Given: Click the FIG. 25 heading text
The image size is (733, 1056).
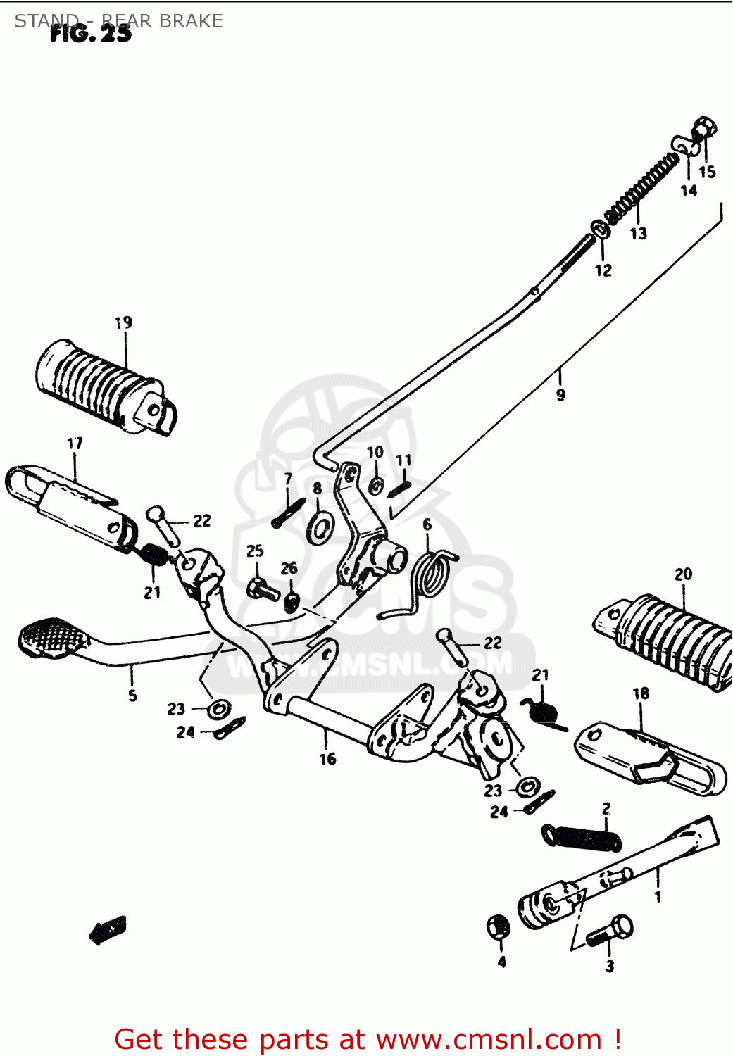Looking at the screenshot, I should (90, 33).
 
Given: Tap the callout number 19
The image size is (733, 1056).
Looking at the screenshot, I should (123, 322).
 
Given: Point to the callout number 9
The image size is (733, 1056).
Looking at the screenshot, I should (560, 395).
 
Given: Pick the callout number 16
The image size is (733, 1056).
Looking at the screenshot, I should (327, 759).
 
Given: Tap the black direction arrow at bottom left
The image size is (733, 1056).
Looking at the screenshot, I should (108, 930).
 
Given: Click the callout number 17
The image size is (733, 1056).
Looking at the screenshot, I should (75, 444).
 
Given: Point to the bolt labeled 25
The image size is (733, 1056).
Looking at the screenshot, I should (263, 588).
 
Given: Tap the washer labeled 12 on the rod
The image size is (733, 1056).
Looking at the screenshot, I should (599, 230).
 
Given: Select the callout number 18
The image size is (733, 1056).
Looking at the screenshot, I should (640, 693).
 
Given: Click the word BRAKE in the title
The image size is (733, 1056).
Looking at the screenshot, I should (191, 21).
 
